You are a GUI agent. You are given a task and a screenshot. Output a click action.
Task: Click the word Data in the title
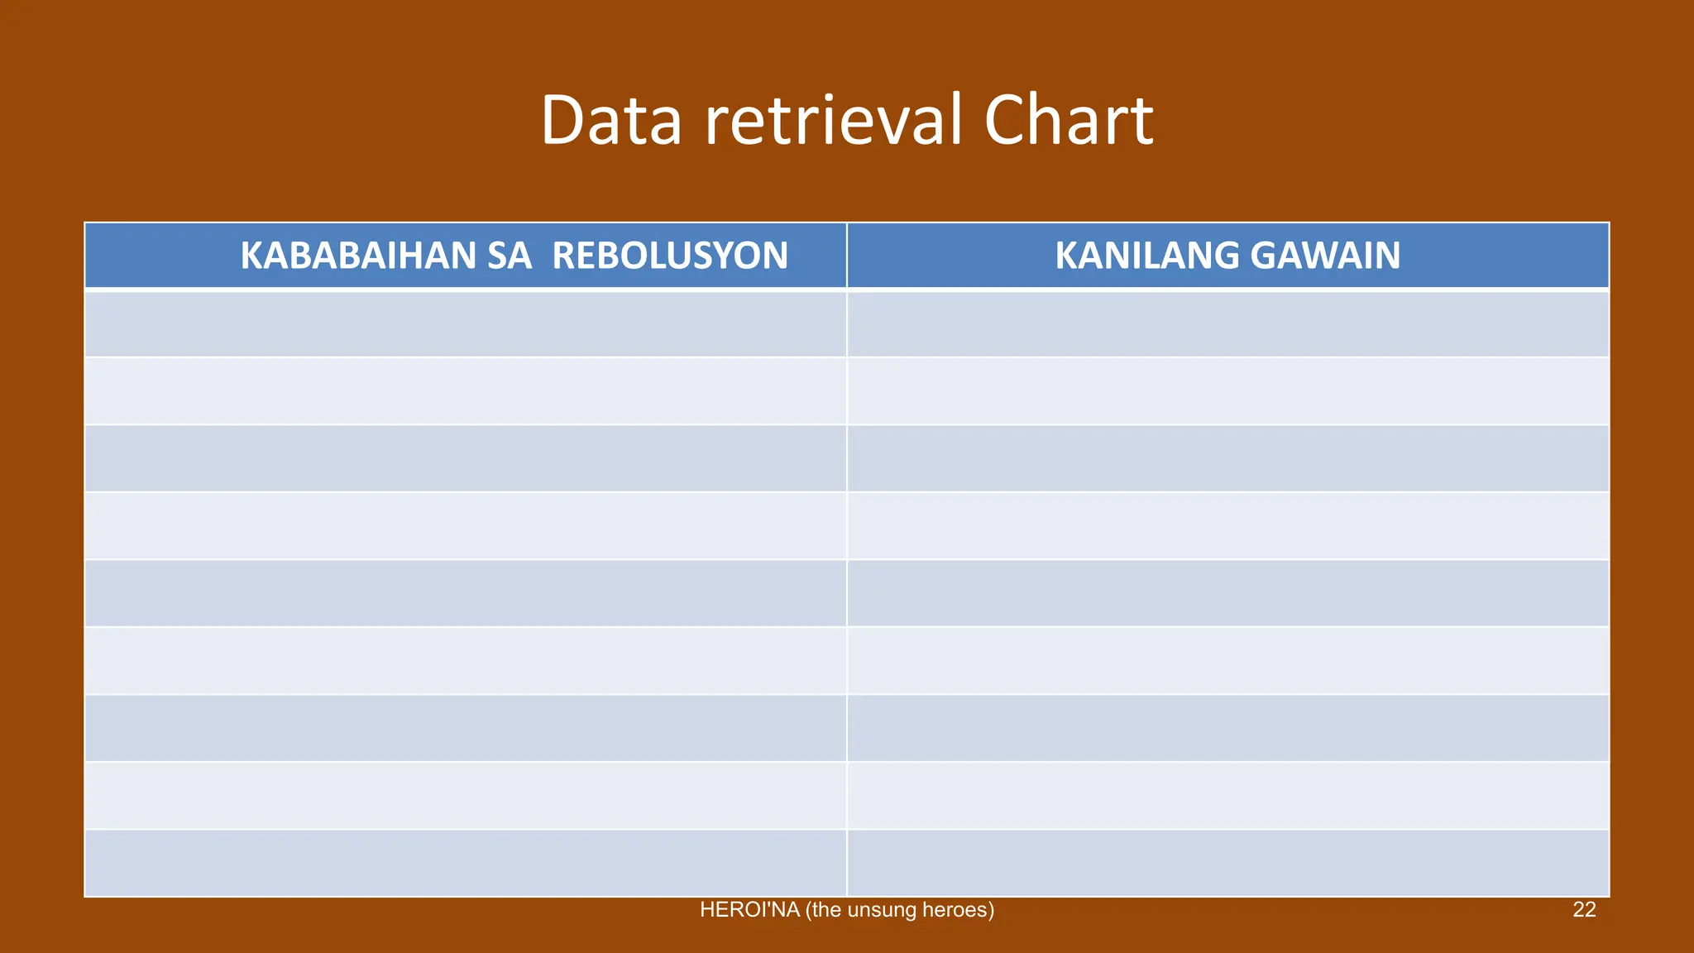[611, 121]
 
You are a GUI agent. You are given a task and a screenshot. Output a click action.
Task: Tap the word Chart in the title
[1068, 121]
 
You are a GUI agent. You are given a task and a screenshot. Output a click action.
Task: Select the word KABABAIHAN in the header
[357, 256]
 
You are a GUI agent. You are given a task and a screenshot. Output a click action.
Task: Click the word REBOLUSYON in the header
[669, 256]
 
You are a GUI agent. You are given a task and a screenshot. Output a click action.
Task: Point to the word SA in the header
[509, 256]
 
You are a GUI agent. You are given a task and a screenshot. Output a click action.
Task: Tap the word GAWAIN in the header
[1325, 256]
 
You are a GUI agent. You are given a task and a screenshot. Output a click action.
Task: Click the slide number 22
[1583, 910]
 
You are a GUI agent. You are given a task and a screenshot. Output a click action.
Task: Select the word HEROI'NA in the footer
[749, 910]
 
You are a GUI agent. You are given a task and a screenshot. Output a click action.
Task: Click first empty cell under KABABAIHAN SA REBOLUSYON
[465, 323]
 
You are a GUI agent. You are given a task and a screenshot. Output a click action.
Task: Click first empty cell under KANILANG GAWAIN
[1227, 323]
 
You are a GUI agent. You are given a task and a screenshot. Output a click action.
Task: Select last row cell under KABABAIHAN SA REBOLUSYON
[465, 863]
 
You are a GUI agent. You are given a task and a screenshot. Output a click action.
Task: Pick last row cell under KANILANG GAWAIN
[1227, 863]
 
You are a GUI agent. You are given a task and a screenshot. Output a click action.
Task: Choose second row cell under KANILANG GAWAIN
[1227, 391]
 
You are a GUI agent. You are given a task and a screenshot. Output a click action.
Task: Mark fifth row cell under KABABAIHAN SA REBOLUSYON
[465, 593]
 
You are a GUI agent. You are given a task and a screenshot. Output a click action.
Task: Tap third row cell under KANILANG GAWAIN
[1227, 458]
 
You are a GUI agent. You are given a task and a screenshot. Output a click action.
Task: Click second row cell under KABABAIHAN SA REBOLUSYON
[465, 391]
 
